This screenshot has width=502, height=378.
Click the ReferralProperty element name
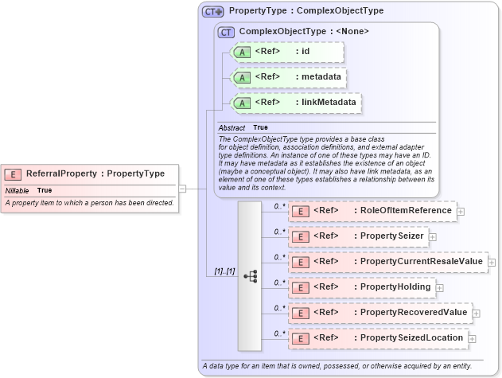point(95,173)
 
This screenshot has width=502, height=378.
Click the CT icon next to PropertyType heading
point(212,11)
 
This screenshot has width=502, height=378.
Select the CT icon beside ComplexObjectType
point(226,32)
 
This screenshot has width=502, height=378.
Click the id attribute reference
point(286,52)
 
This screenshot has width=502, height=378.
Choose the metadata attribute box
point(286,77)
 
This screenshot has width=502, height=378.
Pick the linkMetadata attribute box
point(294,103)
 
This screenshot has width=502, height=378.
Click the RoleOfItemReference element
point(371,211)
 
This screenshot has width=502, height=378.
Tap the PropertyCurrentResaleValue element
point(387,262)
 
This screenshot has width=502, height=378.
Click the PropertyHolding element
point(361,287)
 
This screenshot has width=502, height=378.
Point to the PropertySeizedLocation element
point(377,338)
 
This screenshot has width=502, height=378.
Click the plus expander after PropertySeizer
point(433,236)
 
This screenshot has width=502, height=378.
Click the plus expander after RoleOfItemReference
point(461,211)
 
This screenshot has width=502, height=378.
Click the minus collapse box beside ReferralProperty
point(182,189)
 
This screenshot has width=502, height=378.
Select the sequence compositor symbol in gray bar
point(249,275)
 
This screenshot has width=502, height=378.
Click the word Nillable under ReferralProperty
point(18,191)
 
